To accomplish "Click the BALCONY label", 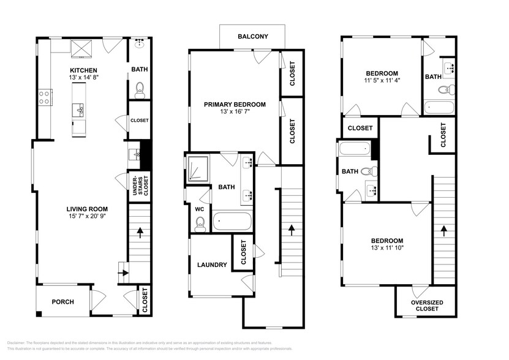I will click(x=253, y=37).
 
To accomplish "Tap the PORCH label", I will click(x=62, y=302).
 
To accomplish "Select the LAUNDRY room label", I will click(x=212, y=265).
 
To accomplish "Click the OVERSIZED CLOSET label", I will click(x=427, y=306).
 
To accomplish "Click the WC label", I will click(x=199, y=209).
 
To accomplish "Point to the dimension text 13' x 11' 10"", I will click(x=388, y=249).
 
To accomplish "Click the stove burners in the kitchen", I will click(x=45, y=97).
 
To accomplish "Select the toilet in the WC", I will click(x=199, y=225).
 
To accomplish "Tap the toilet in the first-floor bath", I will click(x=140, y=89).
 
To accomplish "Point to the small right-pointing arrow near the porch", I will click(x=123, y=273).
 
